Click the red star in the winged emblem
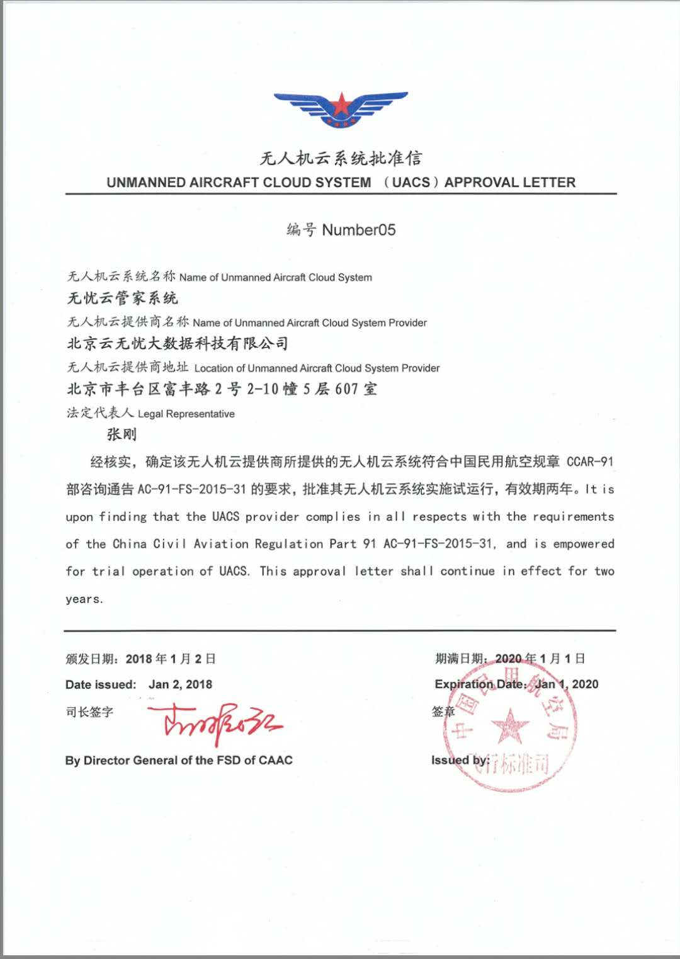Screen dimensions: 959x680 (341, 105)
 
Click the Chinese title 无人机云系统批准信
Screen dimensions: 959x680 (341, 158)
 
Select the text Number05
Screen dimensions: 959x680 (359, 230)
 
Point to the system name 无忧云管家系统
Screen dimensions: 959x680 (123, 298)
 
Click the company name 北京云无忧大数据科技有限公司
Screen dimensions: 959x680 (178, 343)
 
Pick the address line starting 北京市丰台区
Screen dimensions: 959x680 (222, 389)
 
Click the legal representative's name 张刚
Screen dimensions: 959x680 (122, 434)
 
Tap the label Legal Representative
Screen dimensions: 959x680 (186, 414)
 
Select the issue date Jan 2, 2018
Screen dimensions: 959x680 (180, 684)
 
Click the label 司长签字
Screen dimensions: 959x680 (89, 712)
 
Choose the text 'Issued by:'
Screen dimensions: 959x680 (460, 761)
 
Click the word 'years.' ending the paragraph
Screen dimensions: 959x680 (84, 599)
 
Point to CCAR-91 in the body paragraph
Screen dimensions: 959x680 (590, 462)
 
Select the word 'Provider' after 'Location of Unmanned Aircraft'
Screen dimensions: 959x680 (419, 368)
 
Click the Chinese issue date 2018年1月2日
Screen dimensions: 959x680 (171, 659)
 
